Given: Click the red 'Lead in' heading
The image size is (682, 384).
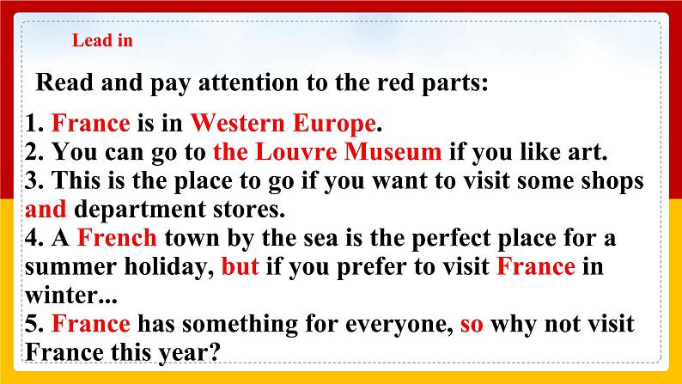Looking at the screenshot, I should click(101, 40).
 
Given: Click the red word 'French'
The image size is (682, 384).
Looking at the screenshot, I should click(117, 237).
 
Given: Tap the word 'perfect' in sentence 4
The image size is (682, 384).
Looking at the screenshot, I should click(450, 237).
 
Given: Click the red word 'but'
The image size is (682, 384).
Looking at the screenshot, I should click(240, 266).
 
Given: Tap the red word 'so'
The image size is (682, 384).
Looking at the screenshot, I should click(472, 324).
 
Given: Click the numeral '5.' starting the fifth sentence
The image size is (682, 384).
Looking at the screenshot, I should click(35, 324).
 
